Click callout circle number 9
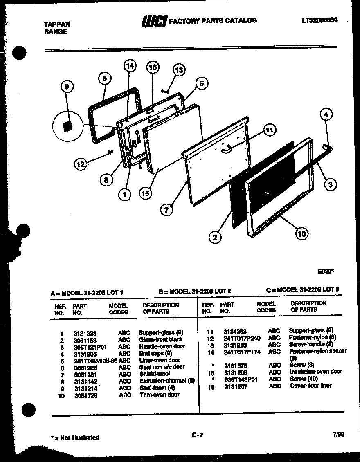point(67,86)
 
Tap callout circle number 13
point(179,70)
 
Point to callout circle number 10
point(301,234)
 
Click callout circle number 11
point(269,130)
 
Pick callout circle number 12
point(81,164)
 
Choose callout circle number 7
point(166,210)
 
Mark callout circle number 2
point(215,237)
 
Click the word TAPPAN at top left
point(57,24)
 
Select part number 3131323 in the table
point(85,333)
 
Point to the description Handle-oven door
point(162,346)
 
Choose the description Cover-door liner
point(310,386)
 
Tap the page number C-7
point(197,435)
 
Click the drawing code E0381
point(326,271)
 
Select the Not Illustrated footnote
point(75,438)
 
